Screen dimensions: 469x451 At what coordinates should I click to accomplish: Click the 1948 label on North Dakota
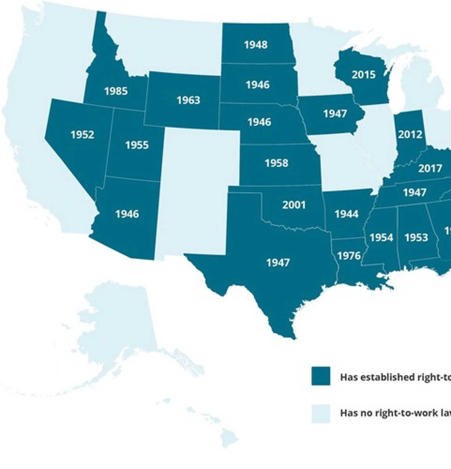[256, 45]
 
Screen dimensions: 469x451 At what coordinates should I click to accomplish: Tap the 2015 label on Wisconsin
[363, 75]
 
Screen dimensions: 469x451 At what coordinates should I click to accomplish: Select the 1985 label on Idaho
[116, 91]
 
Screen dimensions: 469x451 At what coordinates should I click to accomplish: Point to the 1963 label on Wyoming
[188, 100]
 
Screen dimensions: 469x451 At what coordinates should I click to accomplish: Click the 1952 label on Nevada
[82, 135]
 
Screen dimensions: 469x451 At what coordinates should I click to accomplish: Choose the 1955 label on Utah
[137, 145]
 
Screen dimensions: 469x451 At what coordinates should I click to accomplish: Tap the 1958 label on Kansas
[276, 163]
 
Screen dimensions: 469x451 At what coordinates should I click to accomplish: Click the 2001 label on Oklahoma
[294, 205]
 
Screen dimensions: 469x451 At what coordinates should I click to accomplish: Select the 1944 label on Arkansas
[347, 214]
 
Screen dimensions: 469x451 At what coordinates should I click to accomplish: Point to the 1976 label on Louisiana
[349, 256]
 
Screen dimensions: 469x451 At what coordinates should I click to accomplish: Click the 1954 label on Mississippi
[381, 238]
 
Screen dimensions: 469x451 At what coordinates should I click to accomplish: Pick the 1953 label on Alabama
[416, 238]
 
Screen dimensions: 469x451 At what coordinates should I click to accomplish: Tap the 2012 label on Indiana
[410, 135]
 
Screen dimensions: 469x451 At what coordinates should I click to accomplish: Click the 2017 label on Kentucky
[430, 168]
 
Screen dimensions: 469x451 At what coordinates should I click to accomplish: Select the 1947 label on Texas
[278, 263]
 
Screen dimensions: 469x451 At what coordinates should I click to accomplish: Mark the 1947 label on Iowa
[335, 114]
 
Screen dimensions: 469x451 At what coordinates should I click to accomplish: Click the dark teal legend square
[320, 376]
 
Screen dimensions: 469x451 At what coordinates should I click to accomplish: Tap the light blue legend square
[320, 414]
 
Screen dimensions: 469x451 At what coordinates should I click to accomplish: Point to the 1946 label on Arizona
[127, 214]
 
